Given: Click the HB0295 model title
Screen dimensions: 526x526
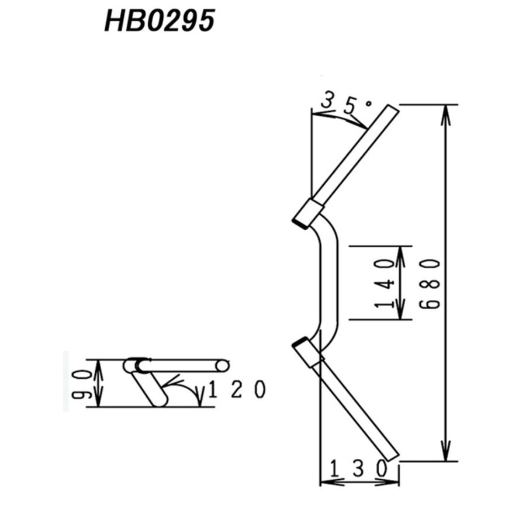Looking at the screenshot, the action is (160, 21).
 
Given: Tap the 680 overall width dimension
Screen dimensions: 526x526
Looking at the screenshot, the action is (430, 284).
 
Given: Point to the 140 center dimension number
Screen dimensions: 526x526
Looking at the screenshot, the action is (385, 283).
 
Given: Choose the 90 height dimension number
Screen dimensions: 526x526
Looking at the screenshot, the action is (81, 385).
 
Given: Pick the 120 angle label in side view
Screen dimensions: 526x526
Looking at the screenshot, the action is (237, 389).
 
